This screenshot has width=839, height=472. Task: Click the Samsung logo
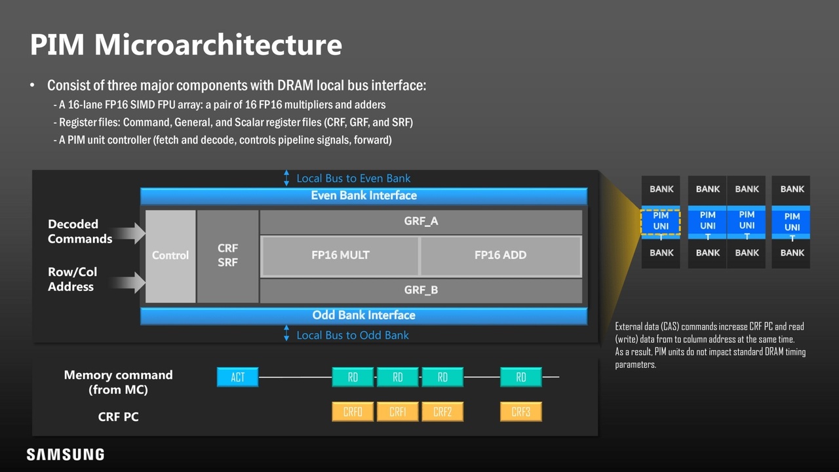65,454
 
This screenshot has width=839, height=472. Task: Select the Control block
170,256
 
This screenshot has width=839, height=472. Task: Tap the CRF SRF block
227,256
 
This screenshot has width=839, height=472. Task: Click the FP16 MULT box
340,256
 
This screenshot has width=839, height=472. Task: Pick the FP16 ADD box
500,256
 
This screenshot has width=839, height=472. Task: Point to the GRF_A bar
421,222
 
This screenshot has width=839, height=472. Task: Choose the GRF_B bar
421,290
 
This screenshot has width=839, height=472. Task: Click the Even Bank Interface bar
364,195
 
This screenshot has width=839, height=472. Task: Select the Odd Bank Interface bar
364,315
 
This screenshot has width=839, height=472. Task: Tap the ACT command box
237,377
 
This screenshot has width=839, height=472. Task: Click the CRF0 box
353,412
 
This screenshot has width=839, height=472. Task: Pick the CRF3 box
520,412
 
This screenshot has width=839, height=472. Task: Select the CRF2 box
442,412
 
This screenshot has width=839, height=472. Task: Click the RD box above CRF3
520,377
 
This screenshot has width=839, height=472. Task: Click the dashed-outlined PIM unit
661,223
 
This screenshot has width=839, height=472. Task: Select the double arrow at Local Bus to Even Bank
286,178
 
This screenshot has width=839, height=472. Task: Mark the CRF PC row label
118,417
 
